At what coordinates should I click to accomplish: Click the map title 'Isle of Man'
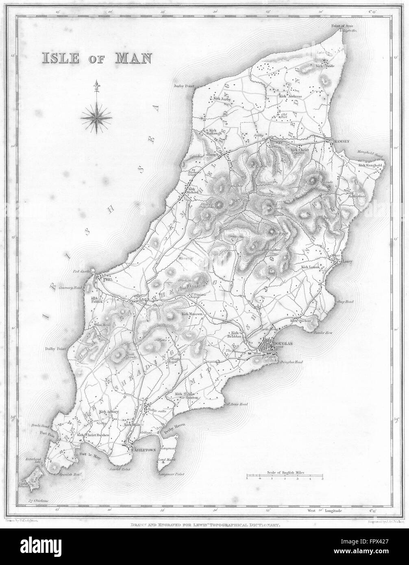click(96, 57)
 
